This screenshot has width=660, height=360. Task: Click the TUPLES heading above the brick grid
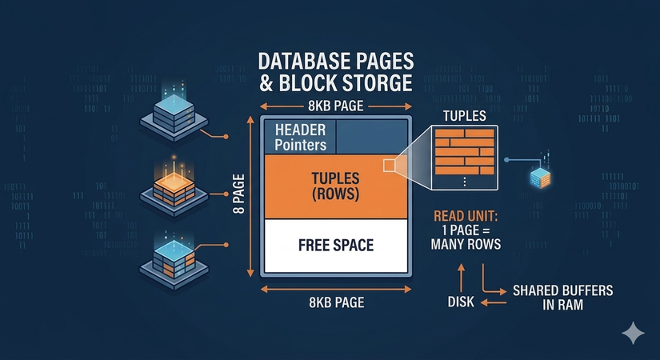pyautogui.click(x=464, y=116)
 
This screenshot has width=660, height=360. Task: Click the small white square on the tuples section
pyautogui.click(x=390, y=166)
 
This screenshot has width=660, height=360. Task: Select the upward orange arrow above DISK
pyautogui.click(x=462, y=276)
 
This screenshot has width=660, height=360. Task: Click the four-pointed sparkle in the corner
pyautogui.click(x=635, y=334)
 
